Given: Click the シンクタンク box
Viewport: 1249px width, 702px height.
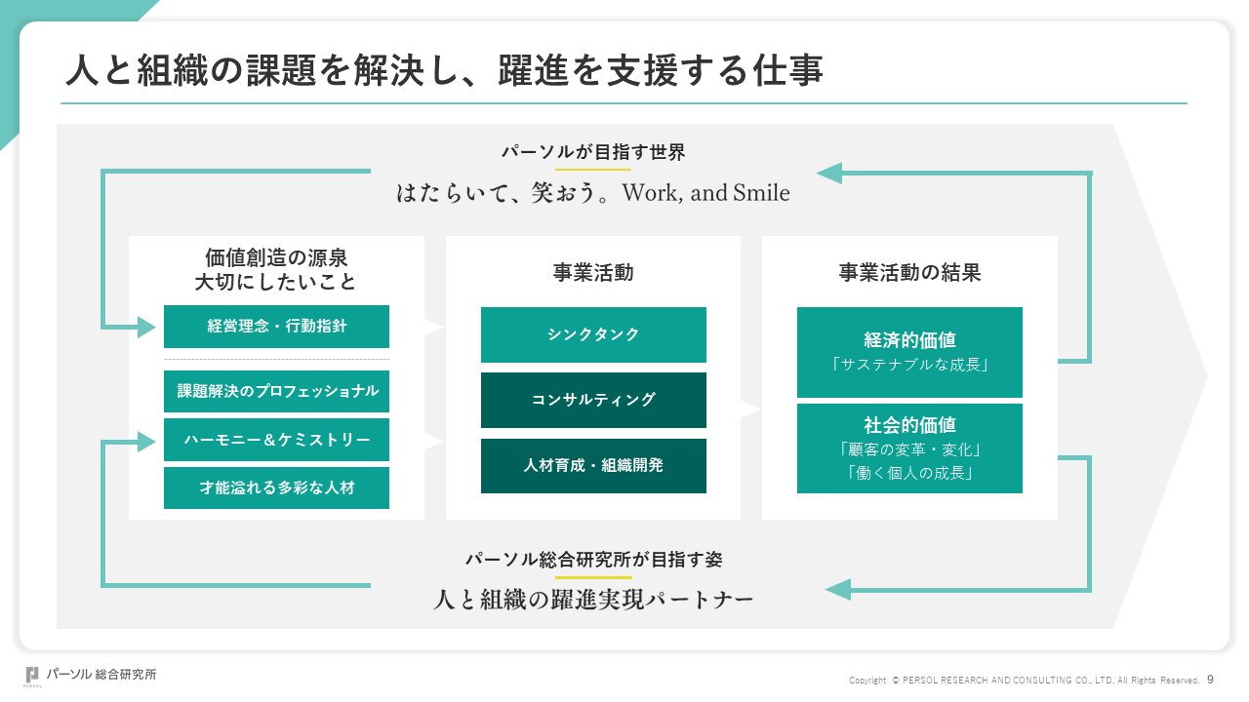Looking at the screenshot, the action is click(x=593, y=334).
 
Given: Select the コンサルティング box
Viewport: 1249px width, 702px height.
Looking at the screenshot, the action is click(x=593, y=400).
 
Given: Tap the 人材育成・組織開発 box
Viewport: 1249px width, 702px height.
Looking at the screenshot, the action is click(x=593, y=466).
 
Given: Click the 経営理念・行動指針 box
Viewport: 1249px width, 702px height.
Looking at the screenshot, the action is click(x=276, y=327).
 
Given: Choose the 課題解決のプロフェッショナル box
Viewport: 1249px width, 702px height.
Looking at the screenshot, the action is click(x=276, y=391).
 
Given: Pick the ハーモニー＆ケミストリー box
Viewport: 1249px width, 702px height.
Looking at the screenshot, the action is click(x=276, y=440).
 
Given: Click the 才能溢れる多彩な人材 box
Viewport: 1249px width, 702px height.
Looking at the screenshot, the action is click(x=276, y=488).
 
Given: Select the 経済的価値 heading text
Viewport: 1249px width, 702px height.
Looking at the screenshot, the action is click(x=909, y=340).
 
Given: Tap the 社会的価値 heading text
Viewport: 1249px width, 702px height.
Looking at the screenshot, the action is click(x=909, y=425).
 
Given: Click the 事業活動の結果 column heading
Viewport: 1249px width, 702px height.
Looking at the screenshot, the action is click(x=909, y=272).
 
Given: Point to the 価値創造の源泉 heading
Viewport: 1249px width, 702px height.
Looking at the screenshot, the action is click(x=276, y=257).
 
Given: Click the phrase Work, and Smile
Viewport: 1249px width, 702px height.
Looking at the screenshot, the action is click(x=705, y=193).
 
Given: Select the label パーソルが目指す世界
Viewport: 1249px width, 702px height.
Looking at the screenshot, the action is click(x=593, y=152).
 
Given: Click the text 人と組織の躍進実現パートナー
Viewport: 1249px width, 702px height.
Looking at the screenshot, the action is click(x=593, y=600).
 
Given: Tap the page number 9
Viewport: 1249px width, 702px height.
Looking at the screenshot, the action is click(x=1211, y=680).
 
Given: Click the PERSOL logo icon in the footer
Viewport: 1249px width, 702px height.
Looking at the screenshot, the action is click(x=32, y=676).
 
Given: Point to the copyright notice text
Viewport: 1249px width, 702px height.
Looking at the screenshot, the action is click(x=1024, y=681).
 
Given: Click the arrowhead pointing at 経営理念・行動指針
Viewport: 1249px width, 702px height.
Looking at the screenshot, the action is click(x=146, y=327).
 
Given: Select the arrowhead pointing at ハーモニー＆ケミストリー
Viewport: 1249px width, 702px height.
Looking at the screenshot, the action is click(x=146, y=442).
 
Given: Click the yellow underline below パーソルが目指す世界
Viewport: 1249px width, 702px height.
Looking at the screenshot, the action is click(x=592, y=170).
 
